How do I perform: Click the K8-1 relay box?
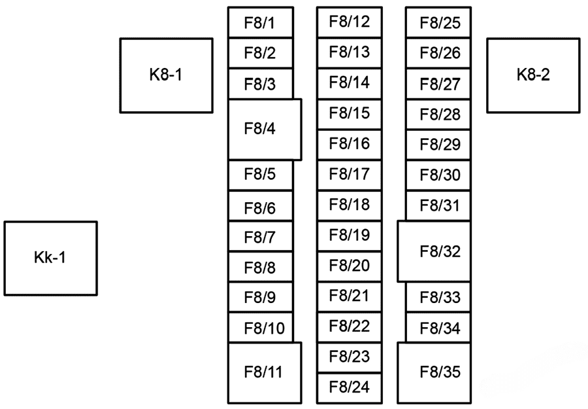[x=166, y=75]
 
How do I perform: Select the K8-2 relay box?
[x=533, y=75]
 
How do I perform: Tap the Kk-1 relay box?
[x=50, y=258]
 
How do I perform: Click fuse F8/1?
[x=260, y=23]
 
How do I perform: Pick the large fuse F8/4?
[x=265, y=129]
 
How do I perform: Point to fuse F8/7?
[x=260, y=237]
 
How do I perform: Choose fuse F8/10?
[x=260, y=327]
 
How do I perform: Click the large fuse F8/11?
[x=265, y=372]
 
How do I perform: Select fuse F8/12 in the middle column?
[x=350, y=22]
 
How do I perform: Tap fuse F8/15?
[x=350, y=114]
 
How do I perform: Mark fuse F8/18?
[x=350, y=205]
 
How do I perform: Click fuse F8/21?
[x=350, y=296]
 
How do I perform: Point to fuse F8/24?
[x=350, y=388]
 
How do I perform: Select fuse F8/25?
[x=439, y=24]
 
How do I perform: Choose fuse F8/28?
[x=439, y=115]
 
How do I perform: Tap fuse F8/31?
[x=439, y=206]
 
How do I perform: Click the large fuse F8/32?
[x=434, y=252]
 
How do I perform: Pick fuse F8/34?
[x=439, y=328]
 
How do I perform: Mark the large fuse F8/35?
[x=434, y=372]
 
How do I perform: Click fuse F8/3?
[x=260, y=84]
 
